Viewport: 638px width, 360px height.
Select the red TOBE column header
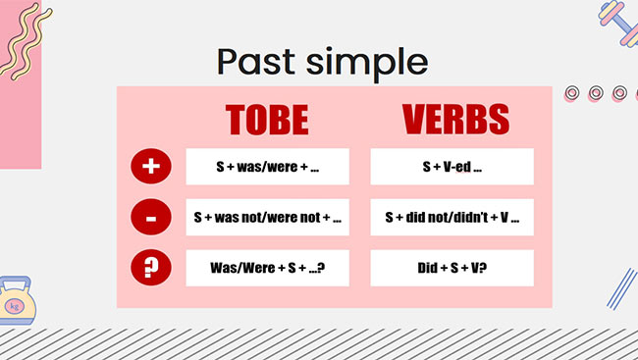(x=267, y=119)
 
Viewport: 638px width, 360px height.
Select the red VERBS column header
(x=455, y=119)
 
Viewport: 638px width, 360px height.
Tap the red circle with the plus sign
(x=150, y=167)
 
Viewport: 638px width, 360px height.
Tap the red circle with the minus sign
(x=150, y=218)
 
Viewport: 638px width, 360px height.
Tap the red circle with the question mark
(x=150, y=268)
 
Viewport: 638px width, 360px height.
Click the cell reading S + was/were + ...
(x=267, y=167)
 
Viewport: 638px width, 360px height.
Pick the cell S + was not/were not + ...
(x=267, y=218)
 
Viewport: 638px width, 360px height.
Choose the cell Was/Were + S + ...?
(x=267, y=268)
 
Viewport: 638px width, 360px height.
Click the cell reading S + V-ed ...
(x=452, y=167)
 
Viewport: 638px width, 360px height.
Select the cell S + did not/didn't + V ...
(x=452, y=218)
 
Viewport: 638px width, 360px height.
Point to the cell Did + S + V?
(x=452, y=268)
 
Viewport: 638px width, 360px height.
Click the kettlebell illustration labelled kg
(x=16, y=300)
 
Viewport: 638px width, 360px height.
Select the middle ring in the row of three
(x=595, y=93)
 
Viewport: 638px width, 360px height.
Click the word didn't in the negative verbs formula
(x=472, y=218)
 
